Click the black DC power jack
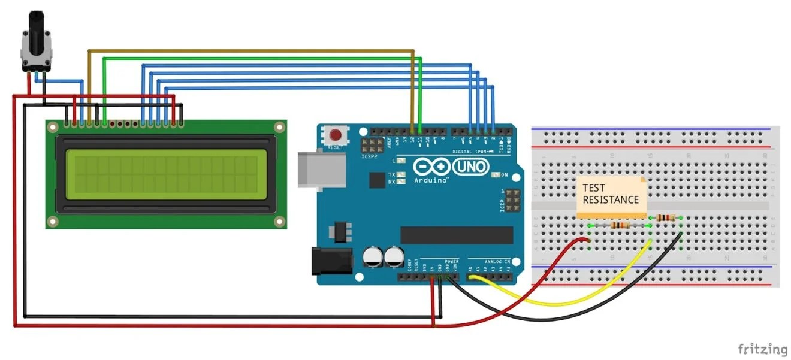click(x=329, y=261)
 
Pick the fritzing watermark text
click(x=762, y=349)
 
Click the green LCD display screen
click(x=166, y=175)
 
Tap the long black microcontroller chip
click(x=457, y=235)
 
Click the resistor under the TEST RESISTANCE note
click(x=620, y=225)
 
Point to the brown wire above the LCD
click(x=252, y=52)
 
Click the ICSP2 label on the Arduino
click(x=369, y=156)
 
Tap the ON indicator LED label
click(x=504, y=175)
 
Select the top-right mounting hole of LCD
click(x=279, y=127)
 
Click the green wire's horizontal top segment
click(x=264, y=58)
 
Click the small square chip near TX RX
click(x=377, y=180)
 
